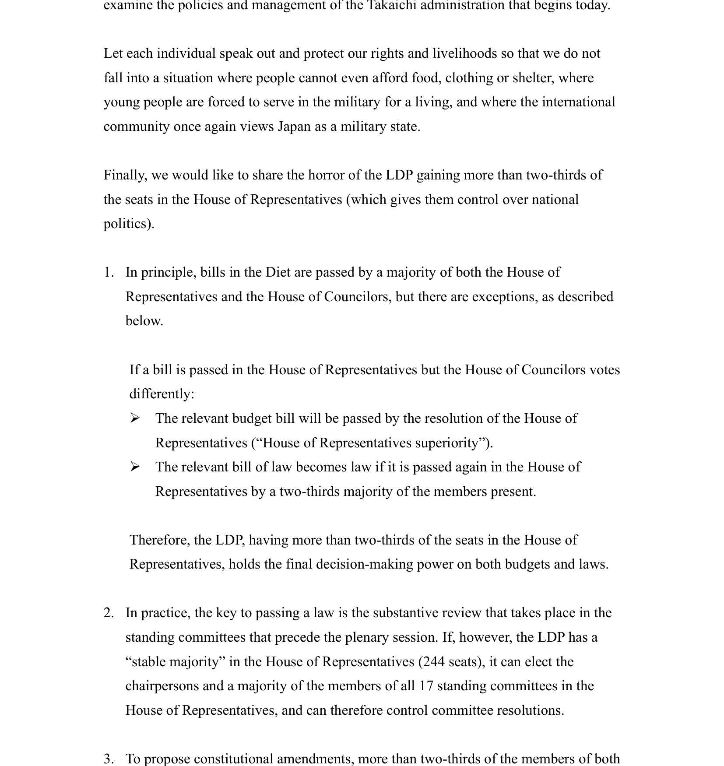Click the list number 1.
point(109,272)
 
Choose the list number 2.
point(109,613)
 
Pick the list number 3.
point(109,759)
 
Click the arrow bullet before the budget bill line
point(135,419)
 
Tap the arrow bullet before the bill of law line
point(135,467)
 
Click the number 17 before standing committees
point(426,686)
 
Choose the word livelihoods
point(465,53)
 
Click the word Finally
point(125,175)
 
